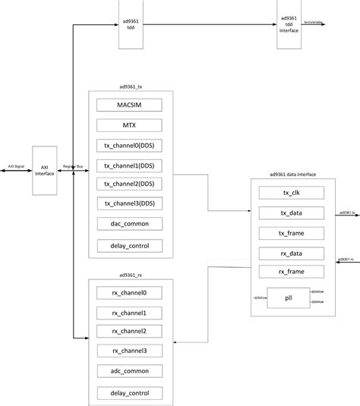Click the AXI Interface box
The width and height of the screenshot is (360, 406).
pyautogui.click(x=45, y=171)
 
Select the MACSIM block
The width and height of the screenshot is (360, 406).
pyautogui.click(x=129, y=105)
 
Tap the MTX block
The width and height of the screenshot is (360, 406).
pyautogui.click(x=129, y=125)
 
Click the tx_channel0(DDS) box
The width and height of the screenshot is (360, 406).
pyautogui.click(x=129, y=145)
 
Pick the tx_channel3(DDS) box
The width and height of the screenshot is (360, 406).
pyautogui.click(x=129, y=203)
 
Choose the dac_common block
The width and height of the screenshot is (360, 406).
pyautogui.click(x=129, y=224)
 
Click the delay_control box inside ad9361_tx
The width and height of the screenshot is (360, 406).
pyautogui.click(x=129, y=245)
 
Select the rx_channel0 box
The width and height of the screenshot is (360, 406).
pyautogui.click(x=129, y=292)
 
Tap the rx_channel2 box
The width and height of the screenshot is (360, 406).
pyautogui.click(x=129, y=331)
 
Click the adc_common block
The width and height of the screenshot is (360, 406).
pyautogui.click(x=129, y=371)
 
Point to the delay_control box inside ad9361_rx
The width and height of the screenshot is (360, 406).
pyautogui.click(x=129, y=393)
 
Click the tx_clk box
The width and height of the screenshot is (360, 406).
pyautogui.click(x=292, y=193)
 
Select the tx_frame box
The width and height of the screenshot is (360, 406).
pyautogui.click(x=292, y=233)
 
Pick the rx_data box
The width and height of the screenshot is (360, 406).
pyautogui.click(x=292, y=253)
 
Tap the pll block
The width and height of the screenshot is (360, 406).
pyautogui.click(x=288, y=297)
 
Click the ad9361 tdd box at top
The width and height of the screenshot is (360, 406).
pyautogui.click(x=130, y=25)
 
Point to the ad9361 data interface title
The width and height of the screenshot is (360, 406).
pyautogui.click(x=292, y=175)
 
